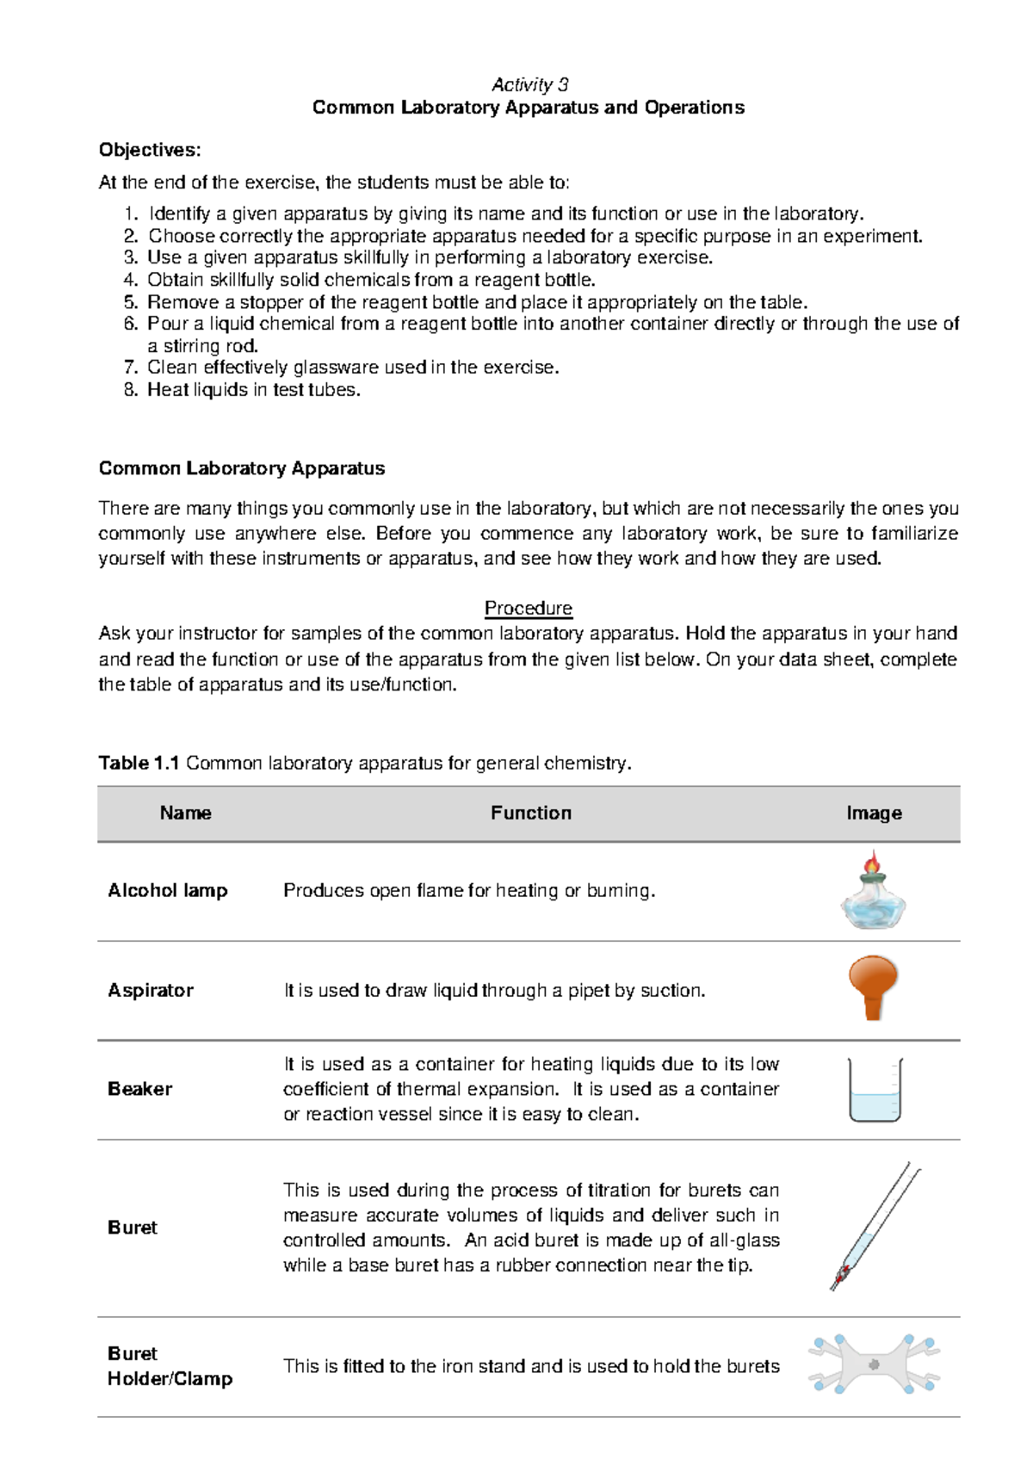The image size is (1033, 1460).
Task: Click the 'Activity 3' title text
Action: pos(529,84)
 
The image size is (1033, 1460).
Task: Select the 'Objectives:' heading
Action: pos(150,150)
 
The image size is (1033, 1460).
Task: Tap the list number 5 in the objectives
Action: pos(130,302)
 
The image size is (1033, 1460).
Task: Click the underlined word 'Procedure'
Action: pos(528,608)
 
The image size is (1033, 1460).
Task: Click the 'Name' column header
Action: pos(185,813)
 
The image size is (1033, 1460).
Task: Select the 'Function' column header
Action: pos(530,813)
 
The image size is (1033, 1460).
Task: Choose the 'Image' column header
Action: pos(874,813)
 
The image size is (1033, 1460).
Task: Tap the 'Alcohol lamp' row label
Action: pos(168,890)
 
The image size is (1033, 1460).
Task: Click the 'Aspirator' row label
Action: pos(151,990)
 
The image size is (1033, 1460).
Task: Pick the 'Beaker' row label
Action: pos(139,1089)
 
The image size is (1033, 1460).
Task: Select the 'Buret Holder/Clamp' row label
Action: pos(170,1365)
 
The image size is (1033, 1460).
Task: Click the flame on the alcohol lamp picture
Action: pos(873,862)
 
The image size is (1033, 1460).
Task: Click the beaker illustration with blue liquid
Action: pos(875,1091)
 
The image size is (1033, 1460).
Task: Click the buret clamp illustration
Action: pos(874,1364)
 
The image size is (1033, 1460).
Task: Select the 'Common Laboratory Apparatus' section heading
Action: pos(242,468)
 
